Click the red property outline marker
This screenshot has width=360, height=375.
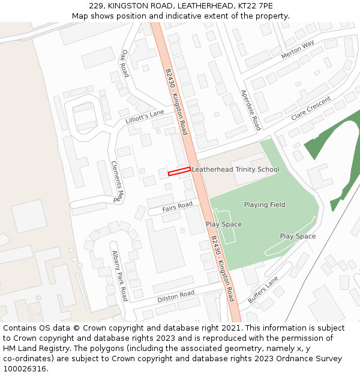click(x=179, y=172)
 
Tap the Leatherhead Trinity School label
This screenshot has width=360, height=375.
click(x=235, y=169)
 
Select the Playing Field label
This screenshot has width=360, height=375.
click(x=265, y=205)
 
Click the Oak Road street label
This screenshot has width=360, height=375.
click(x=125, y=64)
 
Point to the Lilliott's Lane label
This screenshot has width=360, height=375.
click(x=145, y=116)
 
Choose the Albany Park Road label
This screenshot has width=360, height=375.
click(x=119, y=276)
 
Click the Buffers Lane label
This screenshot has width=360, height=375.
click(x=263, y=290)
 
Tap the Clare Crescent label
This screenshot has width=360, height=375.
click(x=311, y=108)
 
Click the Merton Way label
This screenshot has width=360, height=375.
click(x=298, y=50)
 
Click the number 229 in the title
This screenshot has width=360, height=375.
click(x=96, y=6)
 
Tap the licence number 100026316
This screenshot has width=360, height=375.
click(x=25, y=369)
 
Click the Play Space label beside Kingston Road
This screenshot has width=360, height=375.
click(x=224, y=224)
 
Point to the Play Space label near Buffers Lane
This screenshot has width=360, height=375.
click(x=298, y=236)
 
